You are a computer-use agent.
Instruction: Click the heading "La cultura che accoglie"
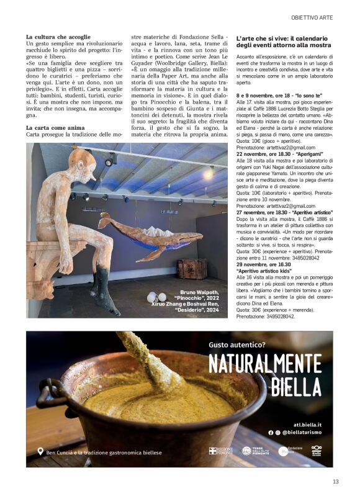[x=58, y=37]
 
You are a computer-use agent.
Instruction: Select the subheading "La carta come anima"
[x=55, y=127]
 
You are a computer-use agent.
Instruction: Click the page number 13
[x=335, y=481]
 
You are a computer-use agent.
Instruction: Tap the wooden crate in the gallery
[x=192, y=269]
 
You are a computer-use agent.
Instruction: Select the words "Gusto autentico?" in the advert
[x=237, y=344]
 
